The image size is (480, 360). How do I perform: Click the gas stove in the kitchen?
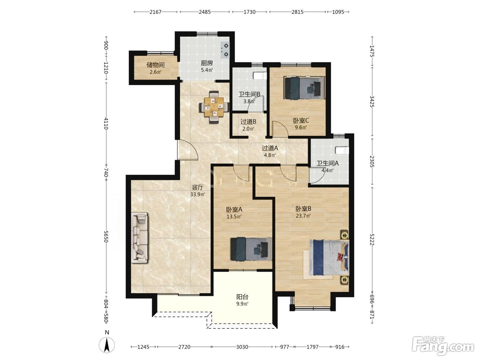(x=225, y=50)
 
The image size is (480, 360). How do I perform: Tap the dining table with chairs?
(x=214, y=107)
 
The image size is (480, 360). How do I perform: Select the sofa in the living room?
(x=140, y=237)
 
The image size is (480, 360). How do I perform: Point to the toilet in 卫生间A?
(x=342, y=151)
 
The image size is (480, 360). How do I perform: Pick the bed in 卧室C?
(x=304, y=87)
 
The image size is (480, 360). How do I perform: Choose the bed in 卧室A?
(x=251, y=249)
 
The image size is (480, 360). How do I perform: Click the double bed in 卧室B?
(x=326, y=257)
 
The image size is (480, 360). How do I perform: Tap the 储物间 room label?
(x=155, y=65)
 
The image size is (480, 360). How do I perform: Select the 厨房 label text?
(x=207, y=63)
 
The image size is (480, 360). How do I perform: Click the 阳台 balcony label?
(x=242, y=297)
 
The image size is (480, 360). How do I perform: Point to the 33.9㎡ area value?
(x=198, y=194)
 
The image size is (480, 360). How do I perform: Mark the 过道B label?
(x=249, y=121)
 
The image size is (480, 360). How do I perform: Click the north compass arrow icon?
(x=107, y=345)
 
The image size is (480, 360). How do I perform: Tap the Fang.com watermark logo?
(x=443, y=346)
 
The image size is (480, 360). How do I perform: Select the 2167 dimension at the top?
(x=155, y=12)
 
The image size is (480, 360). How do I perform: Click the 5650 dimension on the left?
(x=106, y=237)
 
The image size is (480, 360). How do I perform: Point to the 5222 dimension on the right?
(x=372, y=239)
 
